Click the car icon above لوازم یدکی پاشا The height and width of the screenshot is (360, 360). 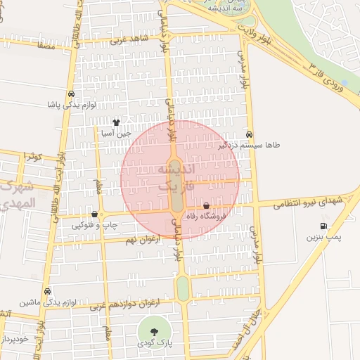point(71,94)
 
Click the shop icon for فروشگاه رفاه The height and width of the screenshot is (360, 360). point(206,207)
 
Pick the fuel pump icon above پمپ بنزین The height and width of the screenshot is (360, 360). point(323,226)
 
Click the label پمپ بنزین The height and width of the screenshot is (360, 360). point(323,237)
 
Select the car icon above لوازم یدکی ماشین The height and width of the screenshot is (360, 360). point(47,291)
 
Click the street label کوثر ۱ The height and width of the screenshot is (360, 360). point(32,155)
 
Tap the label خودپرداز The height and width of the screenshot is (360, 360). point(14,338)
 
